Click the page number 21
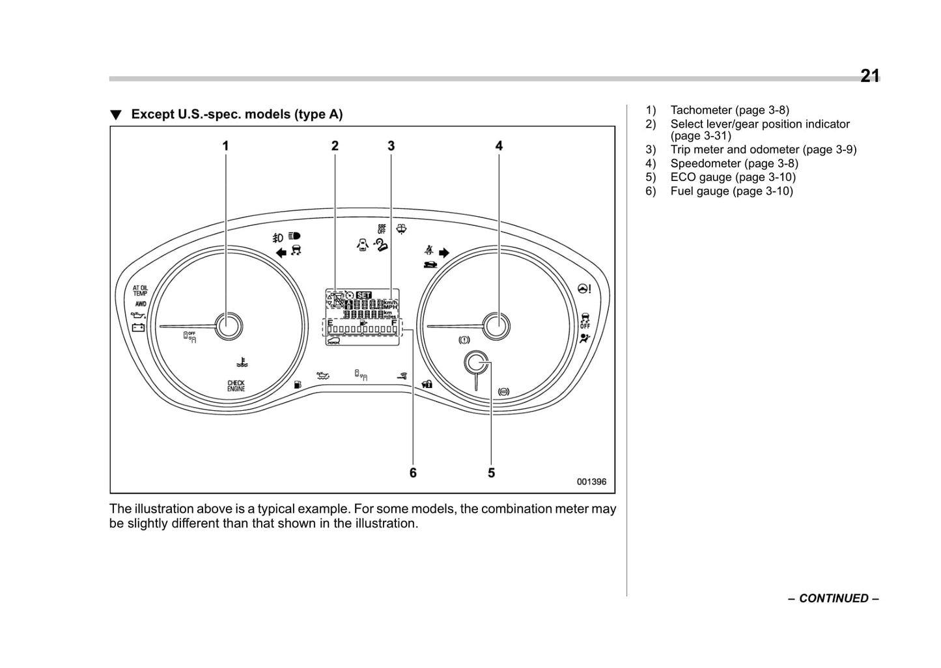coord(869,76)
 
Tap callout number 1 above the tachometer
coord(225,146)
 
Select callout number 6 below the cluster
coord(413,473)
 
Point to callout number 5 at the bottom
coord(491,473)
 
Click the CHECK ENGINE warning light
coord(236,385)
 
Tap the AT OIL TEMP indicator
coord(140,290)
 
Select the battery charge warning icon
coord(138,327)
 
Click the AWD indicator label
coord(141,303)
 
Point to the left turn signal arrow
coord(281,252)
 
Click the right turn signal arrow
coord(444,253)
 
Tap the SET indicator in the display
coord(363,295)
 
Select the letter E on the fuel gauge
coord(330,322)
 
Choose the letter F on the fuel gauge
coord(394,322)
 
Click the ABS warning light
coord(503,391)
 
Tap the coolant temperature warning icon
coord(242,361)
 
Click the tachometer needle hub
coord(229,326)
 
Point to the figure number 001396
coord(591,482)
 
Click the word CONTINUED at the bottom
coord(834,598)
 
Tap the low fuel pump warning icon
coord(298,384)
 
